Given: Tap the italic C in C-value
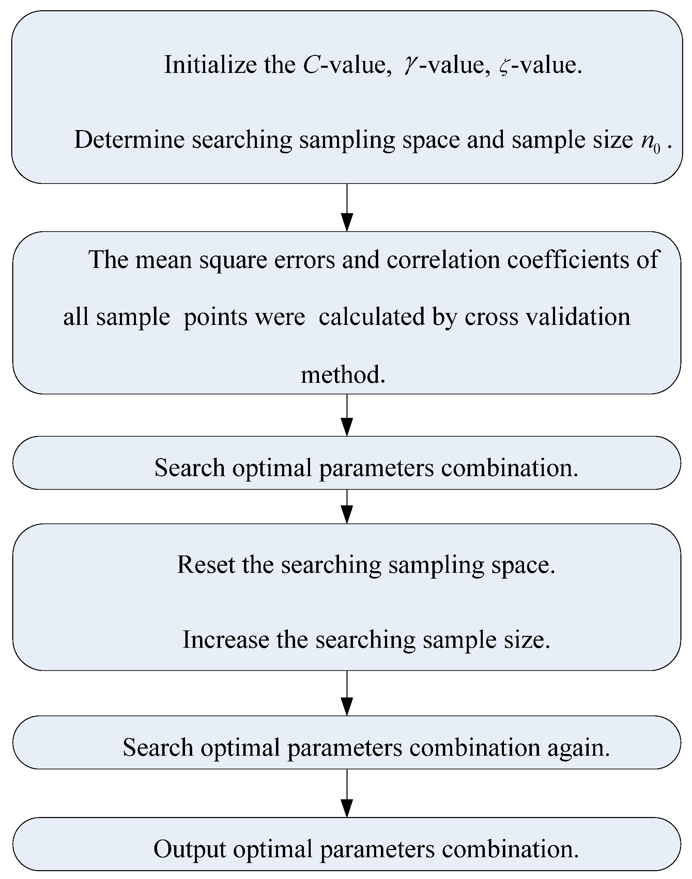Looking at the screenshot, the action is point(311,65).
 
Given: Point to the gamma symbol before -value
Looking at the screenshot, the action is point(410,66).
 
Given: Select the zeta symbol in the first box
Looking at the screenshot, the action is point(504,67).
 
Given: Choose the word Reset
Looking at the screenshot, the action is point(206,564).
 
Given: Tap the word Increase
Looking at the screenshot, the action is point(226,640).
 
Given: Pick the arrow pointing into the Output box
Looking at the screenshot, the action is point(347,794).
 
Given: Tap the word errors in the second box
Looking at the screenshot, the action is point(305,260).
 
